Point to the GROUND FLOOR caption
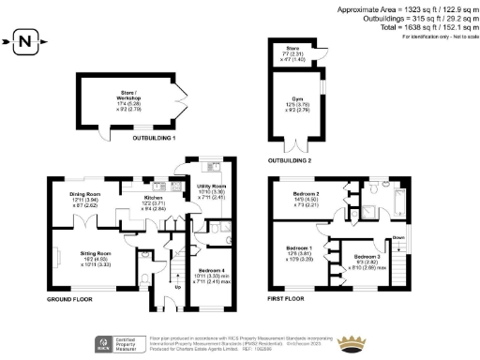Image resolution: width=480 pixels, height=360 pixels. (72, 299)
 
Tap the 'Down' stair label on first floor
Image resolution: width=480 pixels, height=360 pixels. (398, 238)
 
